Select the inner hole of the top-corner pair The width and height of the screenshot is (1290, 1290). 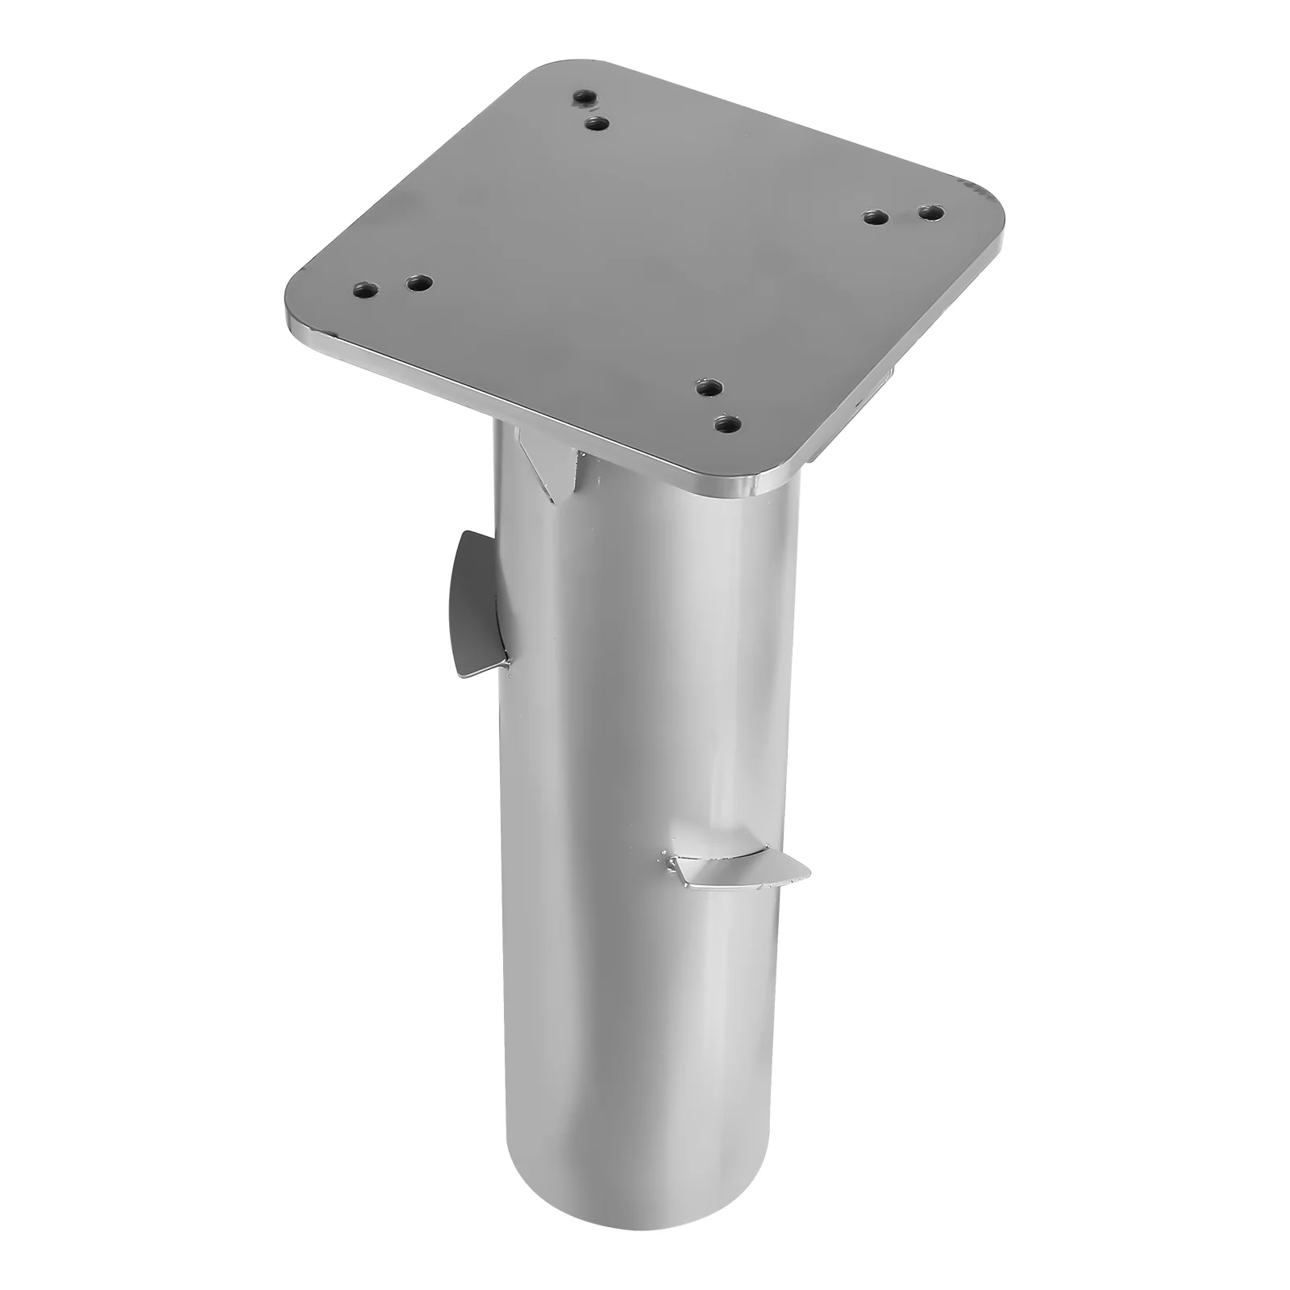pos(597,124)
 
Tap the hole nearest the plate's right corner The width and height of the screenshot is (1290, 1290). pos(932,214)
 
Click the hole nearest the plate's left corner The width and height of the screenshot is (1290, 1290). pos(364,289)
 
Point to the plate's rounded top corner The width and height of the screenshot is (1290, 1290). pos(548,77)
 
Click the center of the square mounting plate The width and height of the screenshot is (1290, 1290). pos(645,266)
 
